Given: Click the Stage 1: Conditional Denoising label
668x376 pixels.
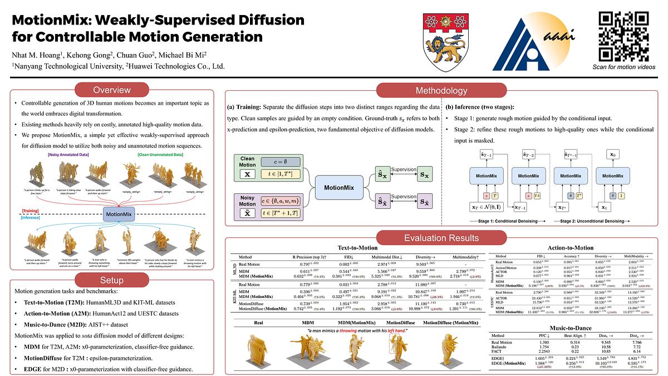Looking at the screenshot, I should (503, 221).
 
